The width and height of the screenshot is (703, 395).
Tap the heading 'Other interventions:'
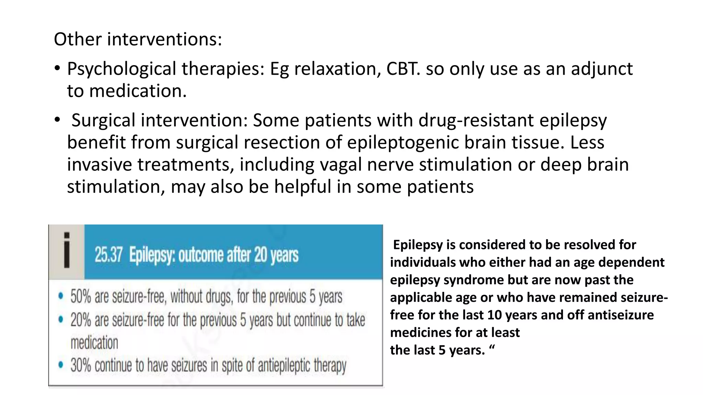pos(138,39)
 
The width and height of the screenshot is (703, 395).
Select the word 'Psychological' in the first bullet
pos(121,69)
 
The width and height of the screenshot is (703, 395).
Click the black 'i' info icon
pos(67,250)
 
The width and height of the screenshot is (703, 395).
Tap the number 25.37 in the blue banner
pos(108,255)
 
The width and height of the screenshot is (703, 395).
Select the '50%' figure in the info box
pos(81,297)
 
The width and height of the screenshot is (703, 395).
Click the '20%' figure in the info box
pos(81,320)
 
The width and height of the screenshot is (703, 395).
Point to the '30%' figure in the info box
pos(81,366)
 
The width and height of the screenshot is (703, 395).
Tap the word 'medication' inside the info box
pos(94,343)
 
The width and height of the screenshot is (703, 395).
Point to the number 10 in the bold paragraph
pos(494,315)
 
